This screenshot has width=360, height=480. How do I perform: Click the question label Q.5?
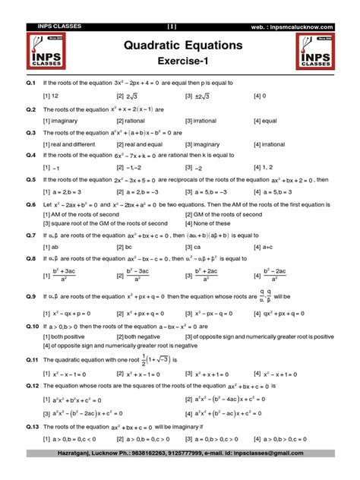tap(30, 180)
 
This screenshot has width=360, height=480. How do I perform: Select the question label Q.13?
tap(32, 428)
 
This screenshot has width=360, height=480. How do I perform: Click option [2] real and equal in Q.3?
tap(145, 144)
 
